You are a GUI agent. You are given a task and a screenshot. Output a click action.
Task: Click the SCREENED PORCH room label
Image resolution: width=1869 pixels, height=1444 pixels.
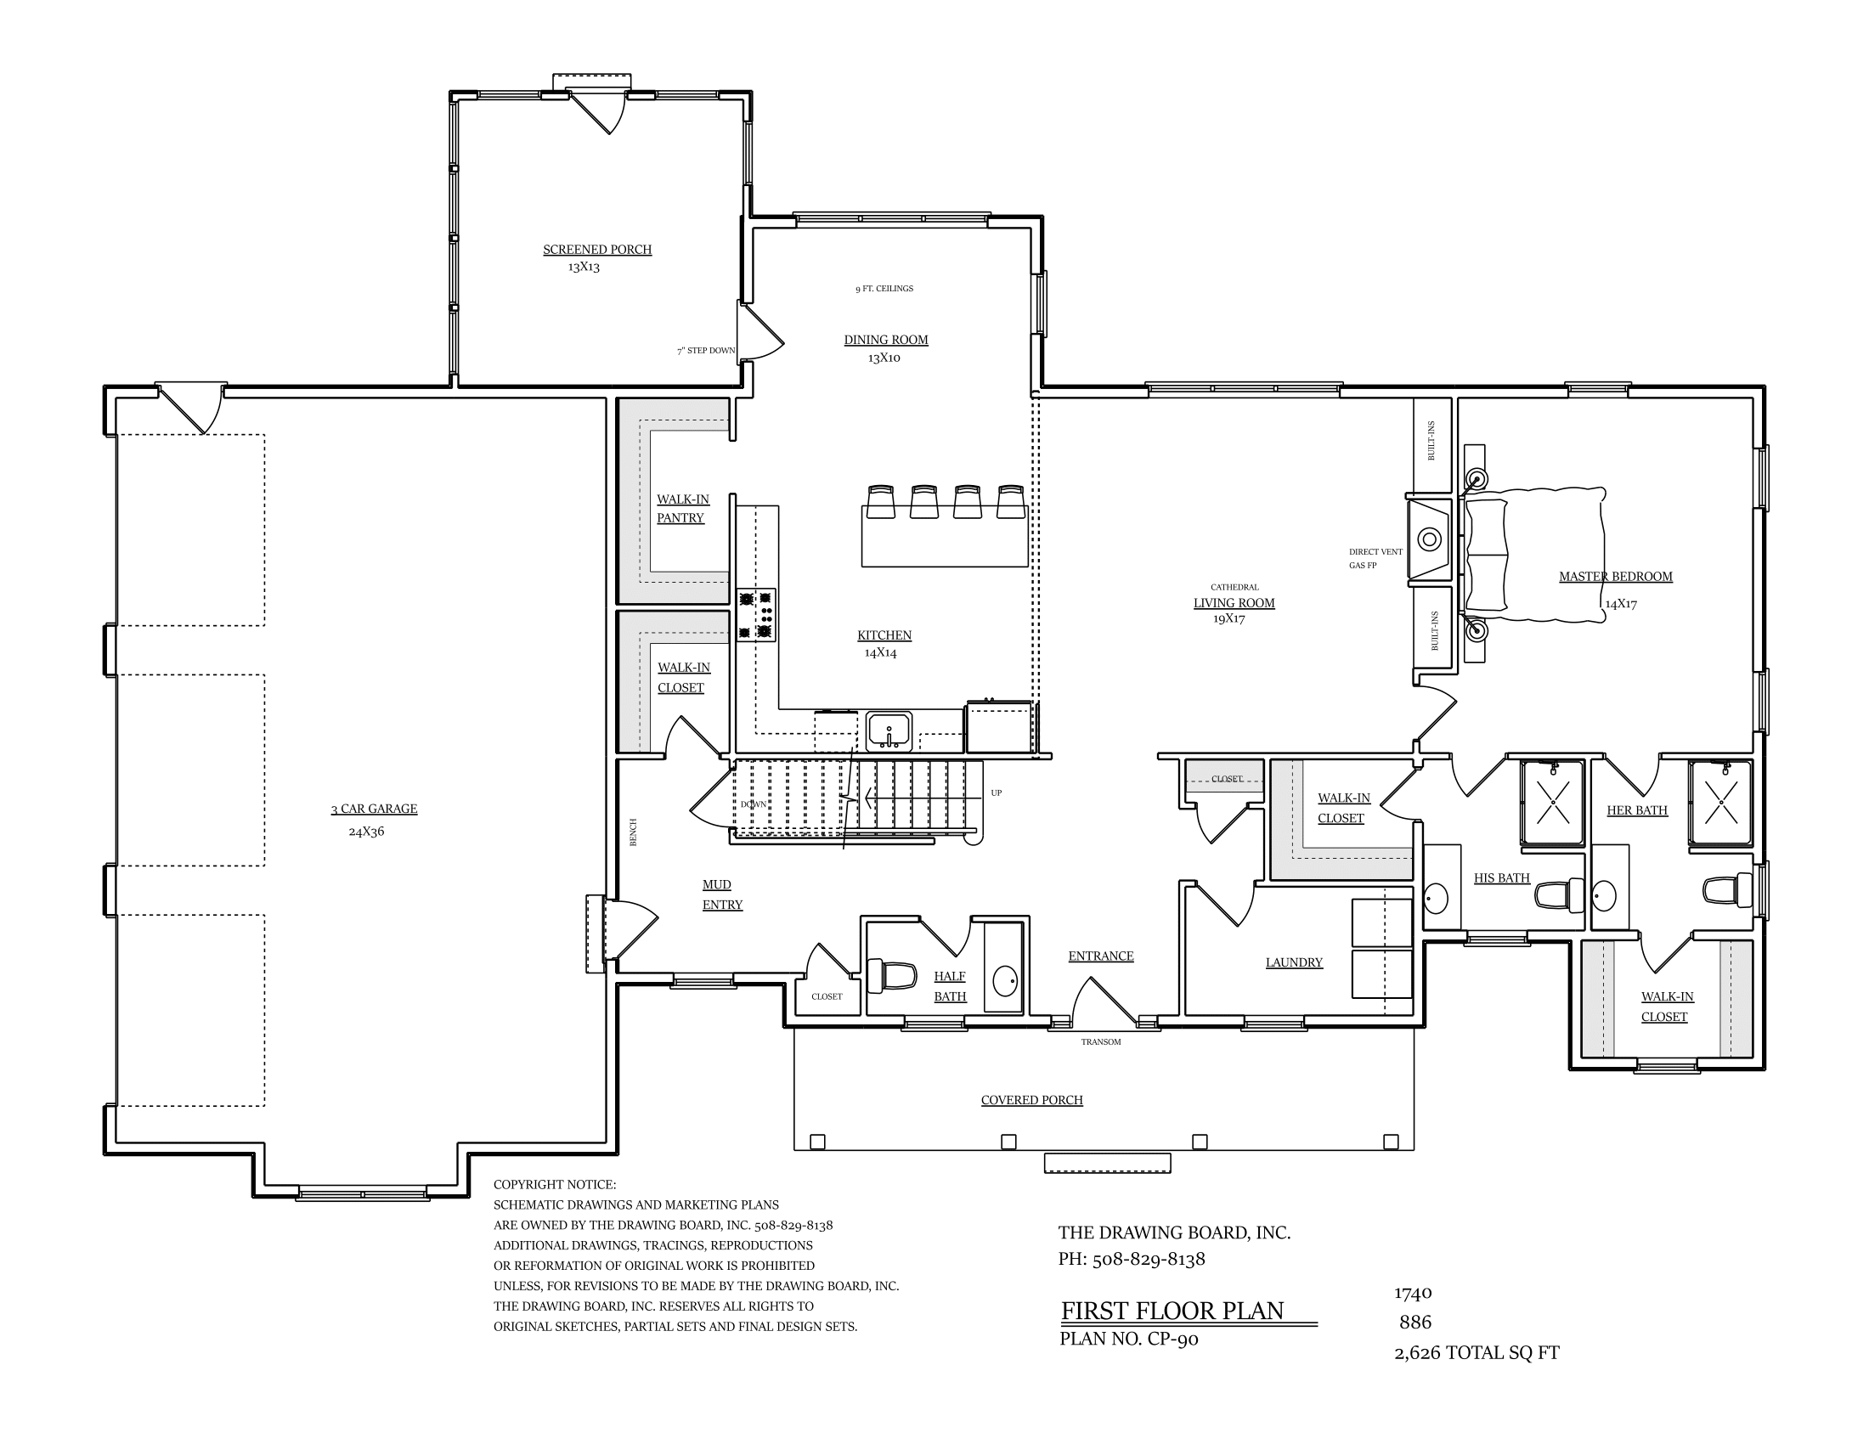point(597,250)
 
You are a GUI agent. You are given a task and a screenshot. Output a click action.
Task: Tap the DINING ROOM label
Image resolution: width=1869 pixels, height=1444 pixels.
point(886,340)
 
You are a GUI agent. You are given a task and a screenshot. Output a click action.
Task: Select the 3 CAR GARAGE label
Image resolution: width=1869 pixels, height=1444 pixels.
point(374,809)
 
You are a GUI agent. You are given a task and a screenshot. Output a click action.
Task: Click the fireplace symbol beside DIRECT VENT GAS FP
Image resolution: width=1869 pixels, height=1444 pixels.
point(1429,539)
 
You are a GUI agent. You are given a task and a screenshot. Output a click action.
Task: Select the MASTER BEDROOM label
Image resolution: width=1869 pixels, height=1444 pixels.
point(1616,577)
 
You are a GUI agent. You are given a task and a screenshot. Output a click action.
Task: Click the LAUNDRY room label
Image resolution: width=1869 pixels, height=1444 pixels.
point(1294,962)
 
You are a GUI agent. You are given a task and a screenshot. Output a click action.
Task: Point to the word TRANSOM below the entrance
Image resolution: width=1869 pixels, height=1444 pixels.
point(1100,1042)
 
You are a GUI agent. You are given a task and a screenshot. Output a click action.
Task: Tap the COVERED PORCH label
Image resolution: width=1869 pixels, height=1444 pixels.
point(1032,1100)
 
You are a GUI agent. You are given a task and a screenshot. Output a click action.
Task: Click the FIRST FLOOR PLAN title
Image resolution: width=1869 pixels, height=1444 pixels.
point(1172,1311)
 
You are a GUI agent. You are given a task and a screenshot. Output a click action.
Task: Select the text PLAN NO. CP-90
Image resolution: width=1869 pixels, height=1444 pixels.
point(1129,1340)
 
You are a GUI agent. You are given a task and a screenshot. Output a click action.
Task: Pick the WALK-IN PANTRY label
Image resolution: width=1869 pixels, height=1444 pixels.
point(682,509)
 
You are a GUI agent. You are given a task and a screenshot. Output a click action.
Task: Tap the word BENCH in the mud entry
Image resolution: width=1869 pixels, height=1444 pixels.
point(634,832)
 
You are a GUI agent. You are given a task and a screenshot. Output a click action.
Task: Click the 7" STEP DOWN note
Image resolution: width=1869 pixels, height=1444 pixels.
point(706,351)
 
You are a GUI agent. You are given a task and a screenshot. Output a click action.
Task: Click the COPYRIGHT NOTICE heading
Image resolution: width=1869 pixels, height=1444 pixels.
point(555,1185)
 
